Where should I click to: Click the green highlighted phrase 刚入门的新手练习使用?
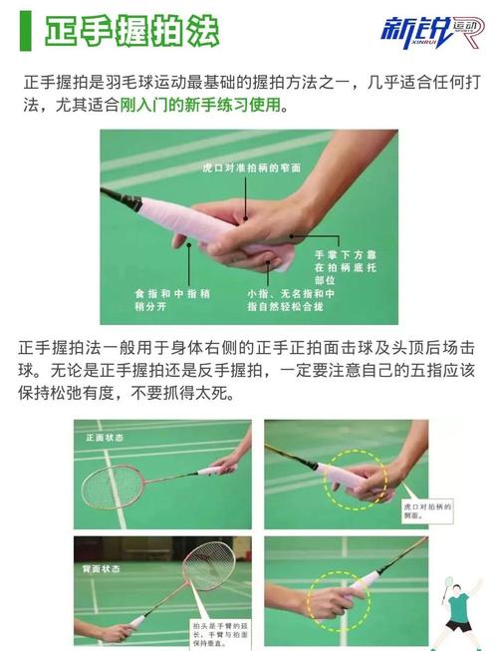click(x=203, y=105)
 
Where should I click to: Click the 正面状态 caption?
click(x=104, y=437)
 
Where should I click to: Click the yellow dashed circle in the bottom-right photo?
click(x=337, y=598)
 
